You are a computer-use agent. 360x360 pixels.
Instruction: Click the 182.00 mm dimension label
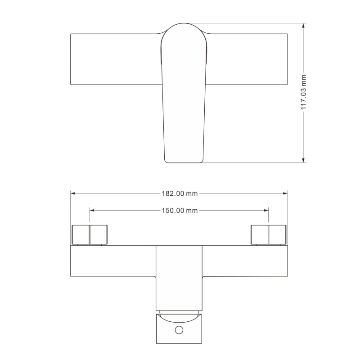(180, 193)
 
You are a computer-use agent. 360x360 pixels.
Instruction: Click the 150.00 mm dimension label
(180, 211)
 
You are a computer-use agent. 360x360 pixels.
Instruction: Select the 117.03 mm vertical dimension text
(303, 92)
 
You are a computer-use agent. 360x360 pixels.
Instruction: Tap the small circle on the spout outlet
(179, 330)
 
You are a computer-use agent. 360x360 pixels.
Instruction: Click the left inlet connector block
(90, 235)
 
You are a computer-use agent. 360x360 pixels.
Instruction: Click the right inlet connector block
(268, 235)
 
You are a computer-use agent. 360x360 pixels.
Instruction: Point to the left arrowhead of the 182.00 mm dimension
(73, 193)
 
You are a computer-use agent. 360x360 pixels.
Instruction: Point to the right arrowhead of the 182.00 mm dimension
(285, 193)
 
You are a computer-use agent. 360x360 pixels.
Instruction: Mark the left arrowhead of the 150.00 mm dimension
(92, 210)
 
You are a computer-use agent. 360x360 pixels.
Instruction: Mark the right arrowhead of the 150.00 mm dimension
(266, 210)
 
